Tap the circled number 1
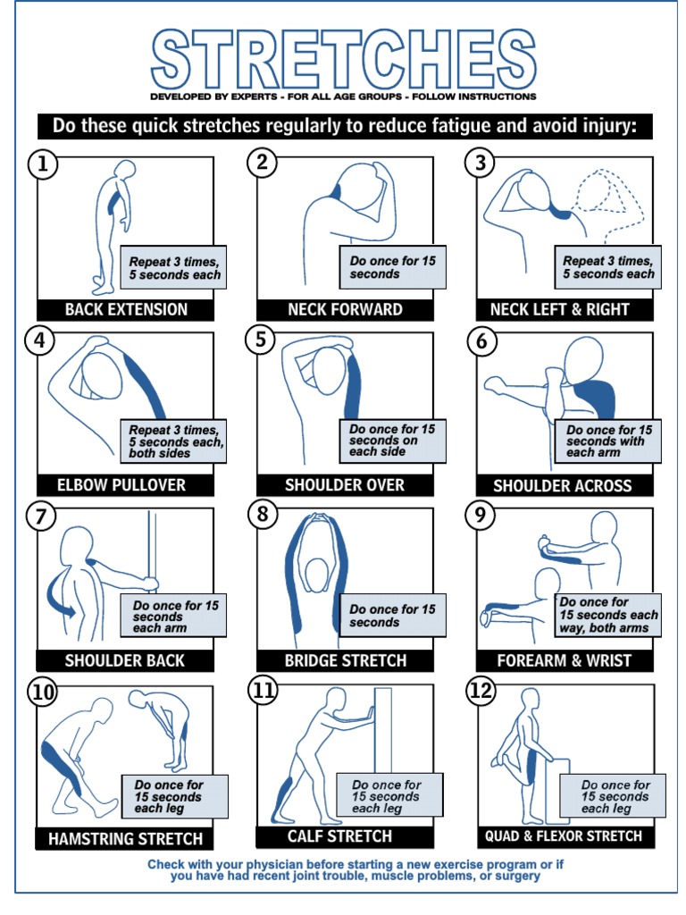pos(41,164)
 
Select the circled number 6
pos(481,340)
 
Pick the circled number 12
pos(481,691)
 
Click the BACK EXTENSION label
pos(126,310)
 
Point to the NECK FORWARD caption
pos(345,310)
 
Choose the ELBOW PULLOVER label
pos(125,485)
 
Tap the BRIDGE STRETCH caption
pos(345,661)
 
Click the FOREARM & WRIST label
pos(564,661)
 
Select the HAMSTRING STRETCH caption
pos(125,839)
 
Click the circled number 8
pos(262,516)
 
